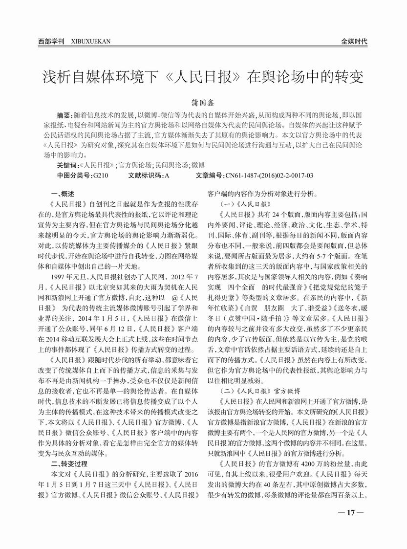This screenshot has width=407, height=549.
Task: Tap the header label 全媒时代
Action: click(354, 42)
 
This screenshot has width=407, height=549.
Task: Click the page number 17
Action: click(350, 513)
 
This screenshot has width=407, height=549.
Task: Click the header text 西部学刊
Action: click(51, 42)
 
